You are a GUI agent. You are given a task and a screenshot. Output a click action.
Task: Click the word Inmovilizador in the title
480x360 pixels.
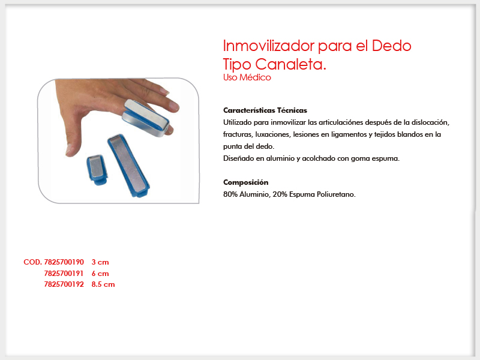pos(269,46)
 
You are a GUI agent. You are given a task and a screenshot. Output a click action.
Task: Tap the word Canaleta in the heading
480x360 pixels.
pos(289,64)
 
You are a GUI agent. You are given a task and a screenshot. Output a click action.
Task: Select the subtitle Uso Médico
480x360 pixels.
pos(247,77)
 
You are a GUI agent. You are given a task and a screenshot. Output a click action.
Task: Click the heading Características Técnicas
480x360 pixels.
pos(265,110)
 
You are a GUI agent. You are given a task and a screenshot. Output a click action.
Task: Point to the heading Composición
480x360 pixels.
pos(246,182)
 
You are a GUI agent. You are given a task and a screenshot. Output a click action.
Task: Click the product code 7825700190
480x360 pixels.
pos(64,262)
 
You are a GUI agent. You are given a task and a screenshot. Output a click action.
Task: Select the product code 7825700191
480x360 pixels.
pos(64,274)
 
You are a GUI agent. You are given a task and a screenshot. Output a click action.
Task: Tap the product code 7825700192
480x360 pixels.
pos(64,284)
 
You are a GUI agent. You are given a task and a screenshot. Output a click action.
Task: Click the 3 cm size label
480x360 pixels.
pos(100,262)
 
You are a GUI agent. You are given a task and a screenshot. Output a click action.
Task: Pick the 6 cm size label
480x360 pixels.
pos(100,274)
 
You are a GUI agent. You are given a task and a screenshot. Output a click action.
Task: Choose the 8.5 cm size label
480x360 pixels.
pos(103,284)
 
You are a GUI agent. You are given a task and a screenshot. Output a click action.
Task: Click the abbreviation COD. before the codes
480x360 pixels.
pos(33,262)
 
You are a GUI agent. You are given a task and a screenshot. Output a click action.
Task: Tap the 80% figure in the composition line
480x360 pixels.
pos(230,194)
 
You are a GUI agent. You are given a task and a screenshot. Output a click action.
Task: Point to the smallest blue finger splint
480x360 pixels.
pos(97,170)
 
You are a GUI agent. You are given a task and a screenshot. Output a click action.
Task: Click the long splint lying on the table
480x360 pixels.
pos(128,166)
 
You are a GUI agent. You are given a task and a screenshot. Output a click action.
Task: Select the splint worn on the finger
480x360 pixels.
pos(146,118)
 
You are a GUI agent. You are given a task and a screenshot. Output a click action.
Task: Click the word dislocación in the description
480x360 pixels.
pos(430,122)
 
